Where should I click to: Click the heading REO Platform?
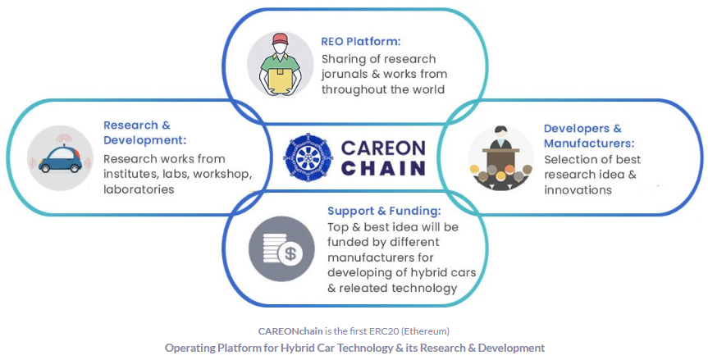pyautogui.click(x=360, y=42)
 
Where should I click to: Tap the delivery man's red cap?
pyautogui.click(x=280, y=39)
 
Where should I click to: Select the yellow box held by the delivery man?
pyautogui.click(x=280, y=79)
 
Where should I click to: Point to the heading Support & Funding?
pyautogui.click(x=384, y=211)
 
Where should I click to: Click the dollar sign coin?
pyautogui.click(x=290, y=254)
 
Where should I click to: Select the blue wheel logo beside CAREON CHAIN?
pyautogui.click(x=308, y=157)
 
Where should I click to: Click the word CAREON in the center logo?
pyautogui.click(x=383, y=148)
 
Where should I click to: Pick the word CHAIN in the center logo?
pyautogui.click(x=383, y=168)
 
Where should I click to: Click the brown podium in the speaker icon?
pyautogui.click(x=500, y=158)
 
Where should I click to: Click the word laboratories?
pyautogui.click(x=139, y=189)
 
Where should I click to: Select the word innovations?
pyautogui.click(x=578, y=190)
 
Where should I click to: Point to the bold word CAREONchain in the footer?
pyautogui.click(x=290, y=331)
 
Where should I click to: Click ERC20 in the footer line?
pyautogui.click(x=384, y=331)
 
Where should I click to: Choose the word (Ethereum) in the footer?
pyautogui.click(x=425, y=331)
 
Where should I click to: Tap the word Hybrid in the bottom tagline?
pyautogui.click(x=295, y=349)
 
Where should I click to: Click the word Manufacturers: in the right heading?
pyautogui.click(x=589, y=144)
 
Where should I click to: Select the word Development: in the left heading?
pyautogui.click(x=144, y=140)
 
